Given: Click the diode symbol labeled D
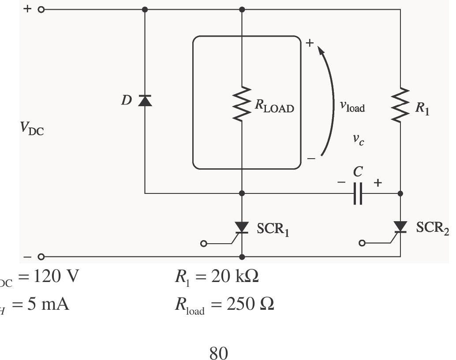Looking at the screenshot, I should pos(145,101).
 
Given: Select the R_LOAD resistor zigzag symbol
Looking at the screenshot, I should pos(242,104).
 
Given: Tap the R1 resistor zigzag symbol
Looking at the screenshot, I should pos(400,105).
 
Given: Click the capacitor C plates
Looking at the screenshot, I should pos(358,193).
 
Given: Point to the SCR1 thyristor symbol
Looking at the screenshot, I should pos(242,227).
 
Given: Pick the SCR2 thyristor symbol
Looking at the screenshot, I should pos(400,227).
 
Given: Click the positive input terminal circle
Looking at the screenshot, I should pos(41,10).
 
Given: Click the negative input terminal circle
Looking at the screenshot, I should pos(41,256).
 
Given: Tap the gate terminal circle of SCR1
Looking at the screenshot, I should pos(203,244).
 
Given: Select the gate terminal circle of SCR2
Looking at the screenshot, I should pos(362,243).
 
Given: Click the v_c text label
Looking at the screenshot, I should pos(358,140).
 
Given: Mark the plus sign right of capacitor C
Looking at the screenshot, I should pos(378,182).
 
